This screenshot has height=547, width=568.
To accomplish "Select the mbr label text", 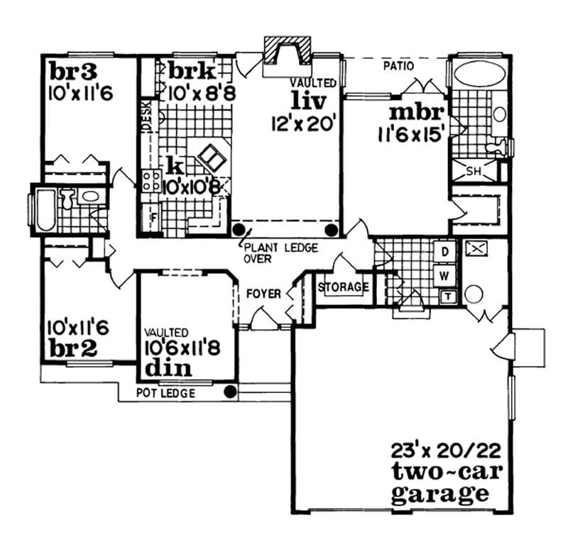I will (x=417, y=114).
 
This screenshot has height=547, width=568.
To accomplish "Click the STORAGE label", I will (x=344, y=287).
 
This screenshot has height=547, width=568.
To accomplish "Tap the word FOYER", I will (x=263, y=293).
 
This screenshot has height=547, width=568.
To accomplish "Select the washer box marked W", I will (x=444, y=274).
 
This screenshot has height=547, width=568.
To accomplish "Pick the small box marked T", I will (x=448, y=296).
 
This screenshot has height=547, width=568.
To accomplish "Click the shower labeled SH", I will (x=475, y=171).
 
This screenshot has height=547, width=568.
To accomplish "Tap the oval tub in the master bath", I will (x=478, y=74).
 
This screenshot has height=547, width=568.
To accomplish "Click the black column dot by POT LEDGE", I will (x=229, y=391).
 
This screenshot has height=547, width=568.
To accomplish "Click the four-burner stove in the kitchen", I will (x=151, y=179).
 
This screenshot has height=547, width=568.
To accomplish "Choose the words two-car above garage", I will (x=439, y=472).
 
